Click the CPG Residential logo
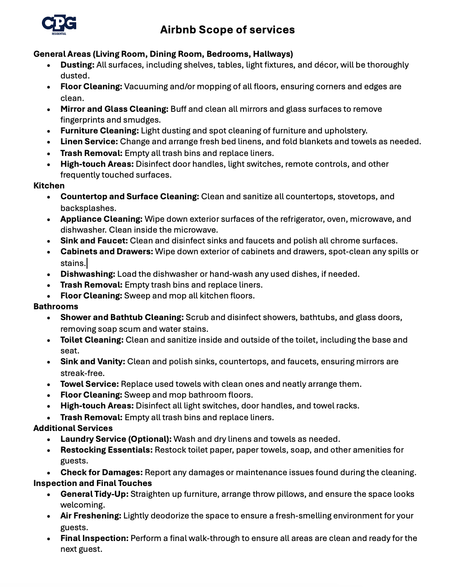(x=59, y=25)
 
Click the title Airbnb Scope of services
(x=227, y=30)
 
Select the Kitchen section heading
(x=49, y=186)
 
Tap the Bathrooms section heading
(x=55, y=307)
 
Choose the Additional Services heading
(x=73, y=428)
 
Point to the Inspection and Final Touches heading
(x=92, y=483)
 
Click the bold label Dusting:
(x=77, y=65)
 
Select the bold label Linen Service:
(x=89, y=142)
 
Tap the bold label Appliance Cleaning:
(x=101, y=219)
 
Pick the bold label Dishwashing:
(x=87, y=274)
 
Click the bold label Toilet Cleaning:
(x=92, y=340)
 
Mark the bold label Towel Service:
(x=89, y=384)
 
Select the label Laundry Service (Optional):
(x=116, y=439)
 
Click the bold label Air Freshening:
(x=91, y=516)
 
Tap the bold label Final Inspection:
(x=94, y=538)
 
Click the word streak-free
(x=82, y=373)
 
